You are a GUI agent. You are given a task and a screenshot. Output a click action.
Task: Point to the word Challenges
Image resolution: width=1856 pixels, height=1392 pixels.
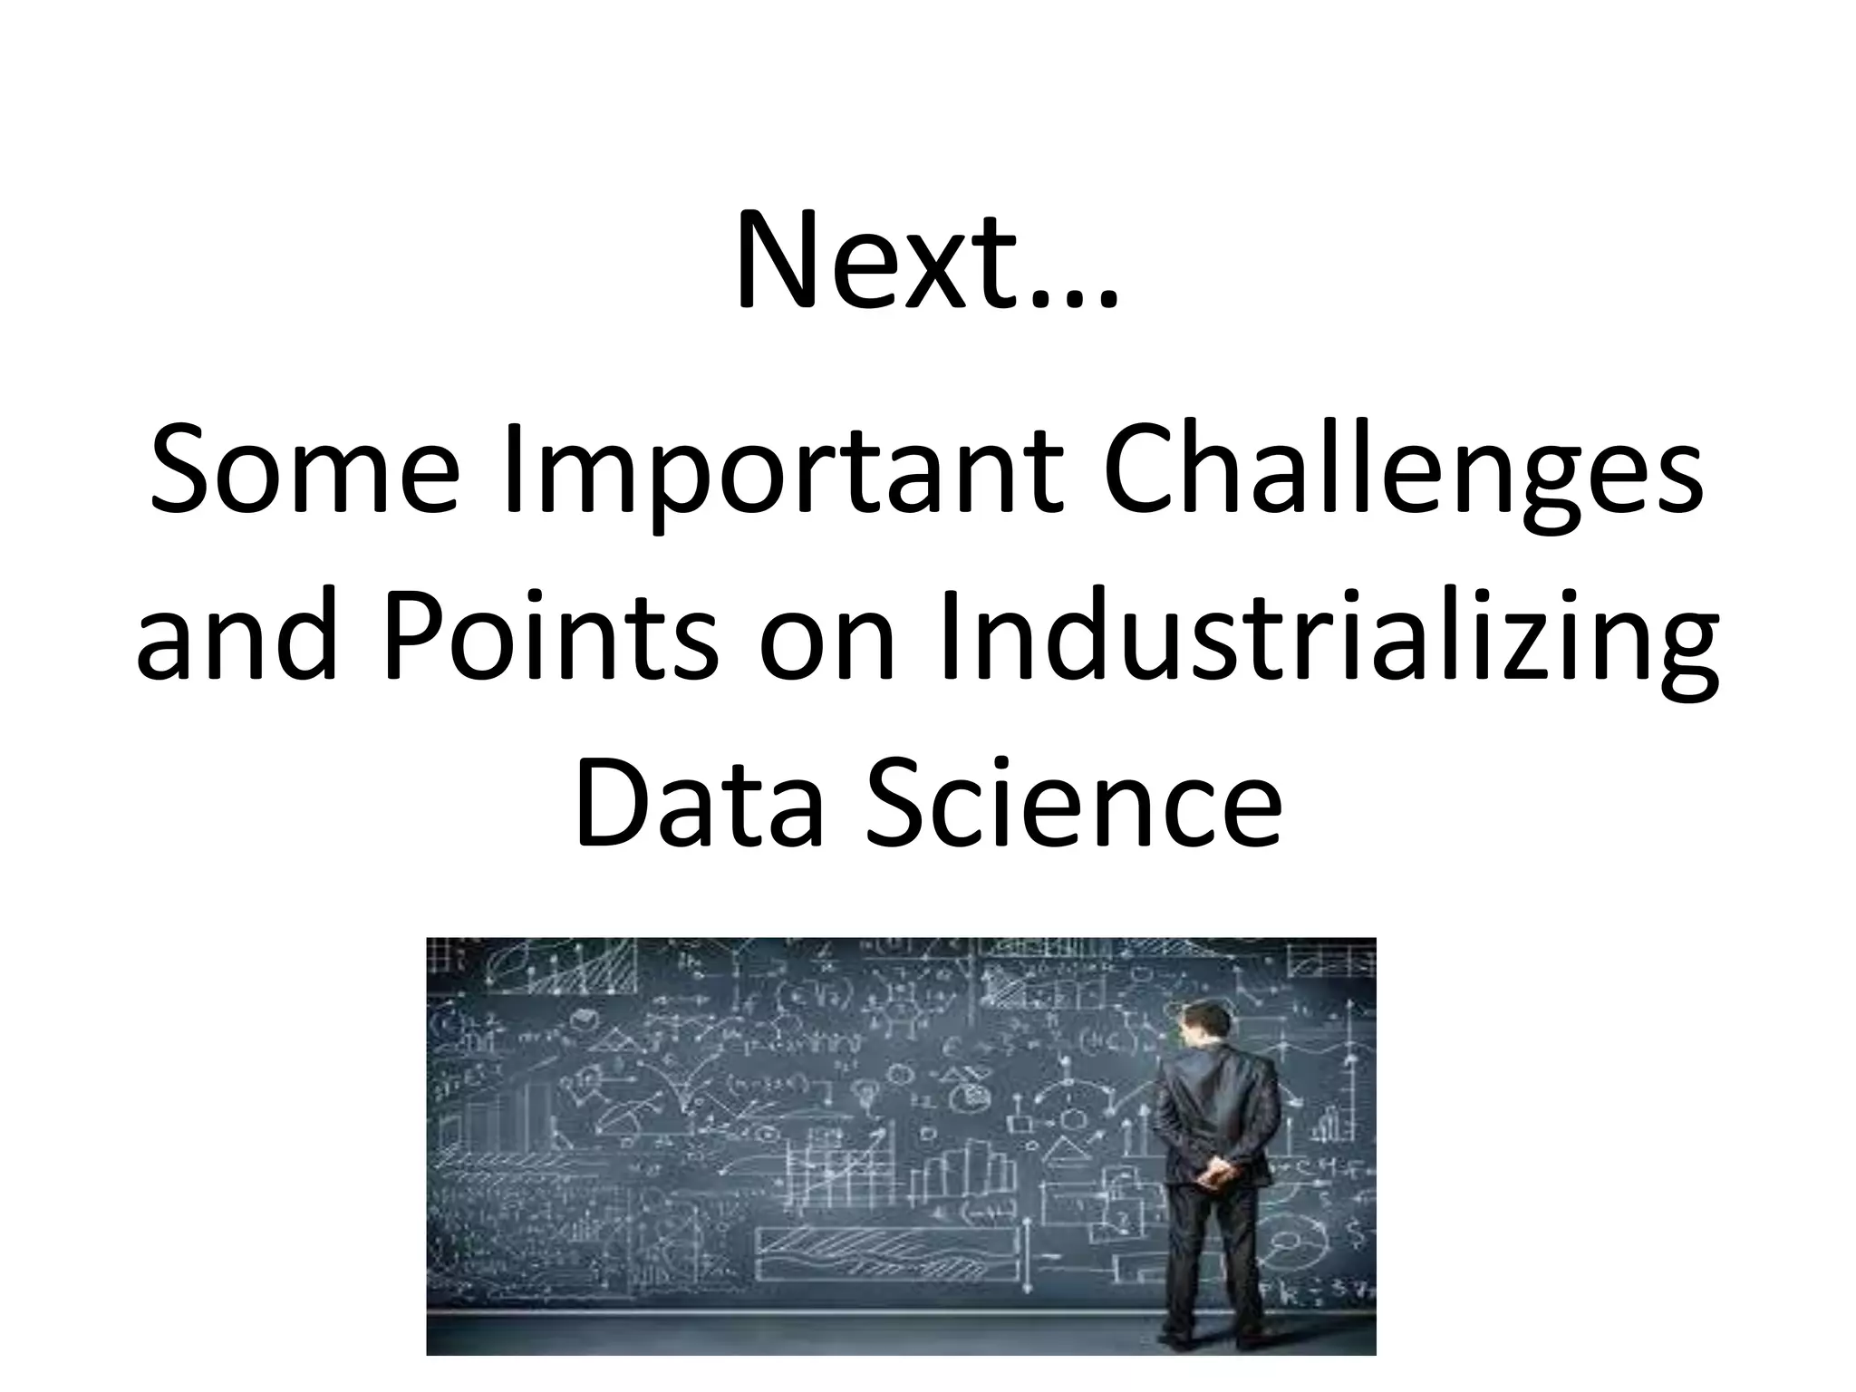click(x=1401, y=471)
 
